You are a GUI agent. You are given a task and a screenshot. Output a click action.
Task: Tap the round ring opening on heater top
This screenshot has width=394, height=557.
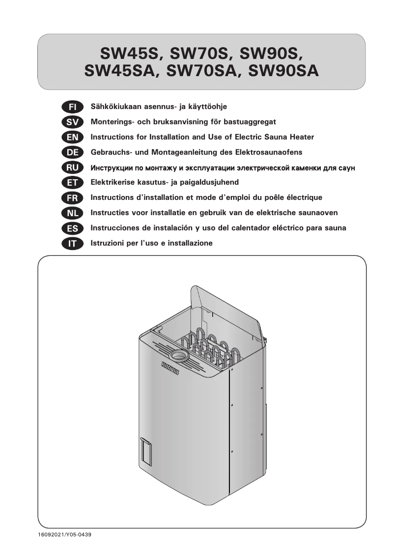click(178, 355)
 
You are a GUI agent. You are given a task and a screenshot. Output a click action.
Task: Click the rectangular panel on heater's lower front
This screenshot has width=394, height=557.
click(146, 452)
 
